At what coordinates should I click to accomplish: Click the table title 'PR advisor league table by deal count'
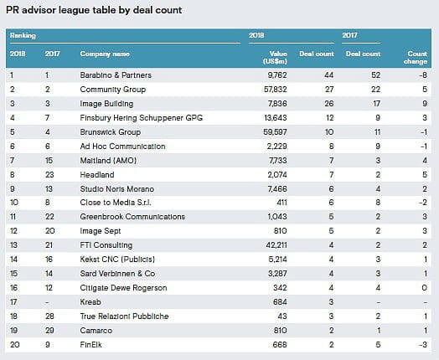94,10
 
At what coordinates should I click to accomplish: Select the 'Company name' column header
105,54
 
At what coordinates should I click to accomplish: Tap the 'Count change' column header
416,57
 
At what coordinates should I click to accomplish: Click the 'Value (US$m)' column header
275,57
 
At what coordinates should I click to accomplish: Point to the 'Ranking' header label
23,35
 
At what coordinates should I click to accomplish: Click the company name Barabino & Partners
116,75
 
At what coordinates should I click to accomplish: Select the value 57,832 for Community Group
276,90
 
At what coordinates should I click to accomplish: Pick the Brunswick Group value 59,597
276,132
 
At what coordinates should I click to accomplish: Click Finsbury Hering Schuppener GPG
141,118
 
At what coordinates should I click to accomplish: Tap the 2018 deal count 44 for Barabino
329,75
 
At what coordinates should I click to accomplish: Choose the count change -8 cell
423,75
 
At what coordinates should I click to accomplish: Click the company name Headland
97,175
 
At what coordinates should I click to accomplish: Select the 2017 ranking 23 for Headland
49,175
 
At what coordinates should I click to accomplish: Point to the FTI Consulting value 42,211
276,245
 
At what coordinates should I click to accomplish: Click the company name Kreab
90,302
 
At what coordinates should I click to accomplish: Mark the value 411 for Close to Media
281,203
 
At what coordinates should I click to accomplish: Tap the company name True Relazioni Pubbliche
124,316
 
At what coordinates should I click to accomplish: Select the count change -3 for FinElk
423,345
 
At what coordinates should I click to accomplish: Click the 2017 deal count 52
375,75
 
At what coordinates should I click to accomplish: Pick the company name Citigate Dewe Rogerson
123,288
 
